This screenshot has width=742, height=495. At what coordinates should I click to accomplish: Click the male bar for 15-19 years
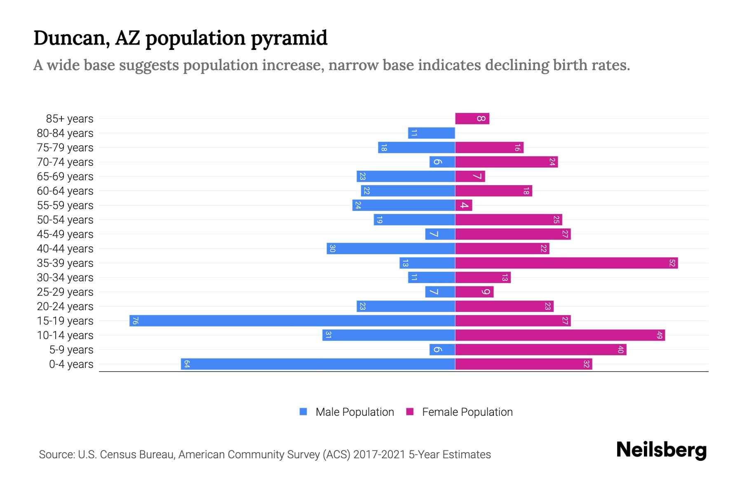click(292, 321)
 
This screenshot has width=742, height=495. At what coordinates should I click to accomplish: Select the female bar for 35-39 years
click(566, 263)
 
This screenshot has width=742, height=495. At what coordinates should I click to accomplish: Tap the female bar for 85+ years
click(472, 119)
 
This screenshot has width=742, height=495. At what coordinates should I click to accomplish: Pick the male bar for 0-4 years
click(317, 364)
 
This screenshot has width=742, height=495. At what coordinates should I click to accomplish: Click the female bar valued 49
click(560, 335)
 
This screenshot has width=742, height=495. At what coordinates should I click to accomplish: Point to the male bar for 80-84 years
click(431, 133)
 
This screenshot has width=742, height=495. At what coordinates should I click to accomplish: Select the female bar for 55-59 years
click(463, 205)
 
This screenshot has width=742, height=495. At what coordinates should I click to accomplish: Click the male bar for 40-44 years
click(391, 249)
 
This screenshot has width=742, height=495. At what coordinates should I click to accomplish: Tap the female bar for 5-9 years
click(540, 350)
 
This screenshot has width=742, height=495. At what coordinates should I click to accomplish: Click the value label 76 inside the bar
click(135, 321)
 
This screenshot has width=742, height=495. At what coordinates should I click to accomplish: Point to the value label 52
click(672, 263)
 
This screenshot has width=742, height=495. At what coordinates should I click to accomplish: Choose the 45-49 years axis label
click(65, 234)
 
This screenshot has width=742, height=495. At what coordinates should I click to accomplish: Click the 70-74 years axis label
click(65, 162)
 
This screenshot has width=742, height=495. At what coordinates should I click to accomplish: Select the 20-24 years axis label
click(65, 306)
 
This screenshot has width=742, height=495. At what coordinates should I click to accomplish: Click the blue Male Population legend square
click(303, 412)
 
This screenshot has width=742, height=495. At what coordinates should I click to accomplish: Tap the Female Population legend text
click(467, 412)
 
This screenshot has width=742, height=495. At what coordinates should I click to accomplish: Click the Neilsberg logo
click(661, 450)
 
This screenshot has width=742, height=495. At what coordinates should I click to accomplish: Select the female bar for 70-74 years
click(506, 162)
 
